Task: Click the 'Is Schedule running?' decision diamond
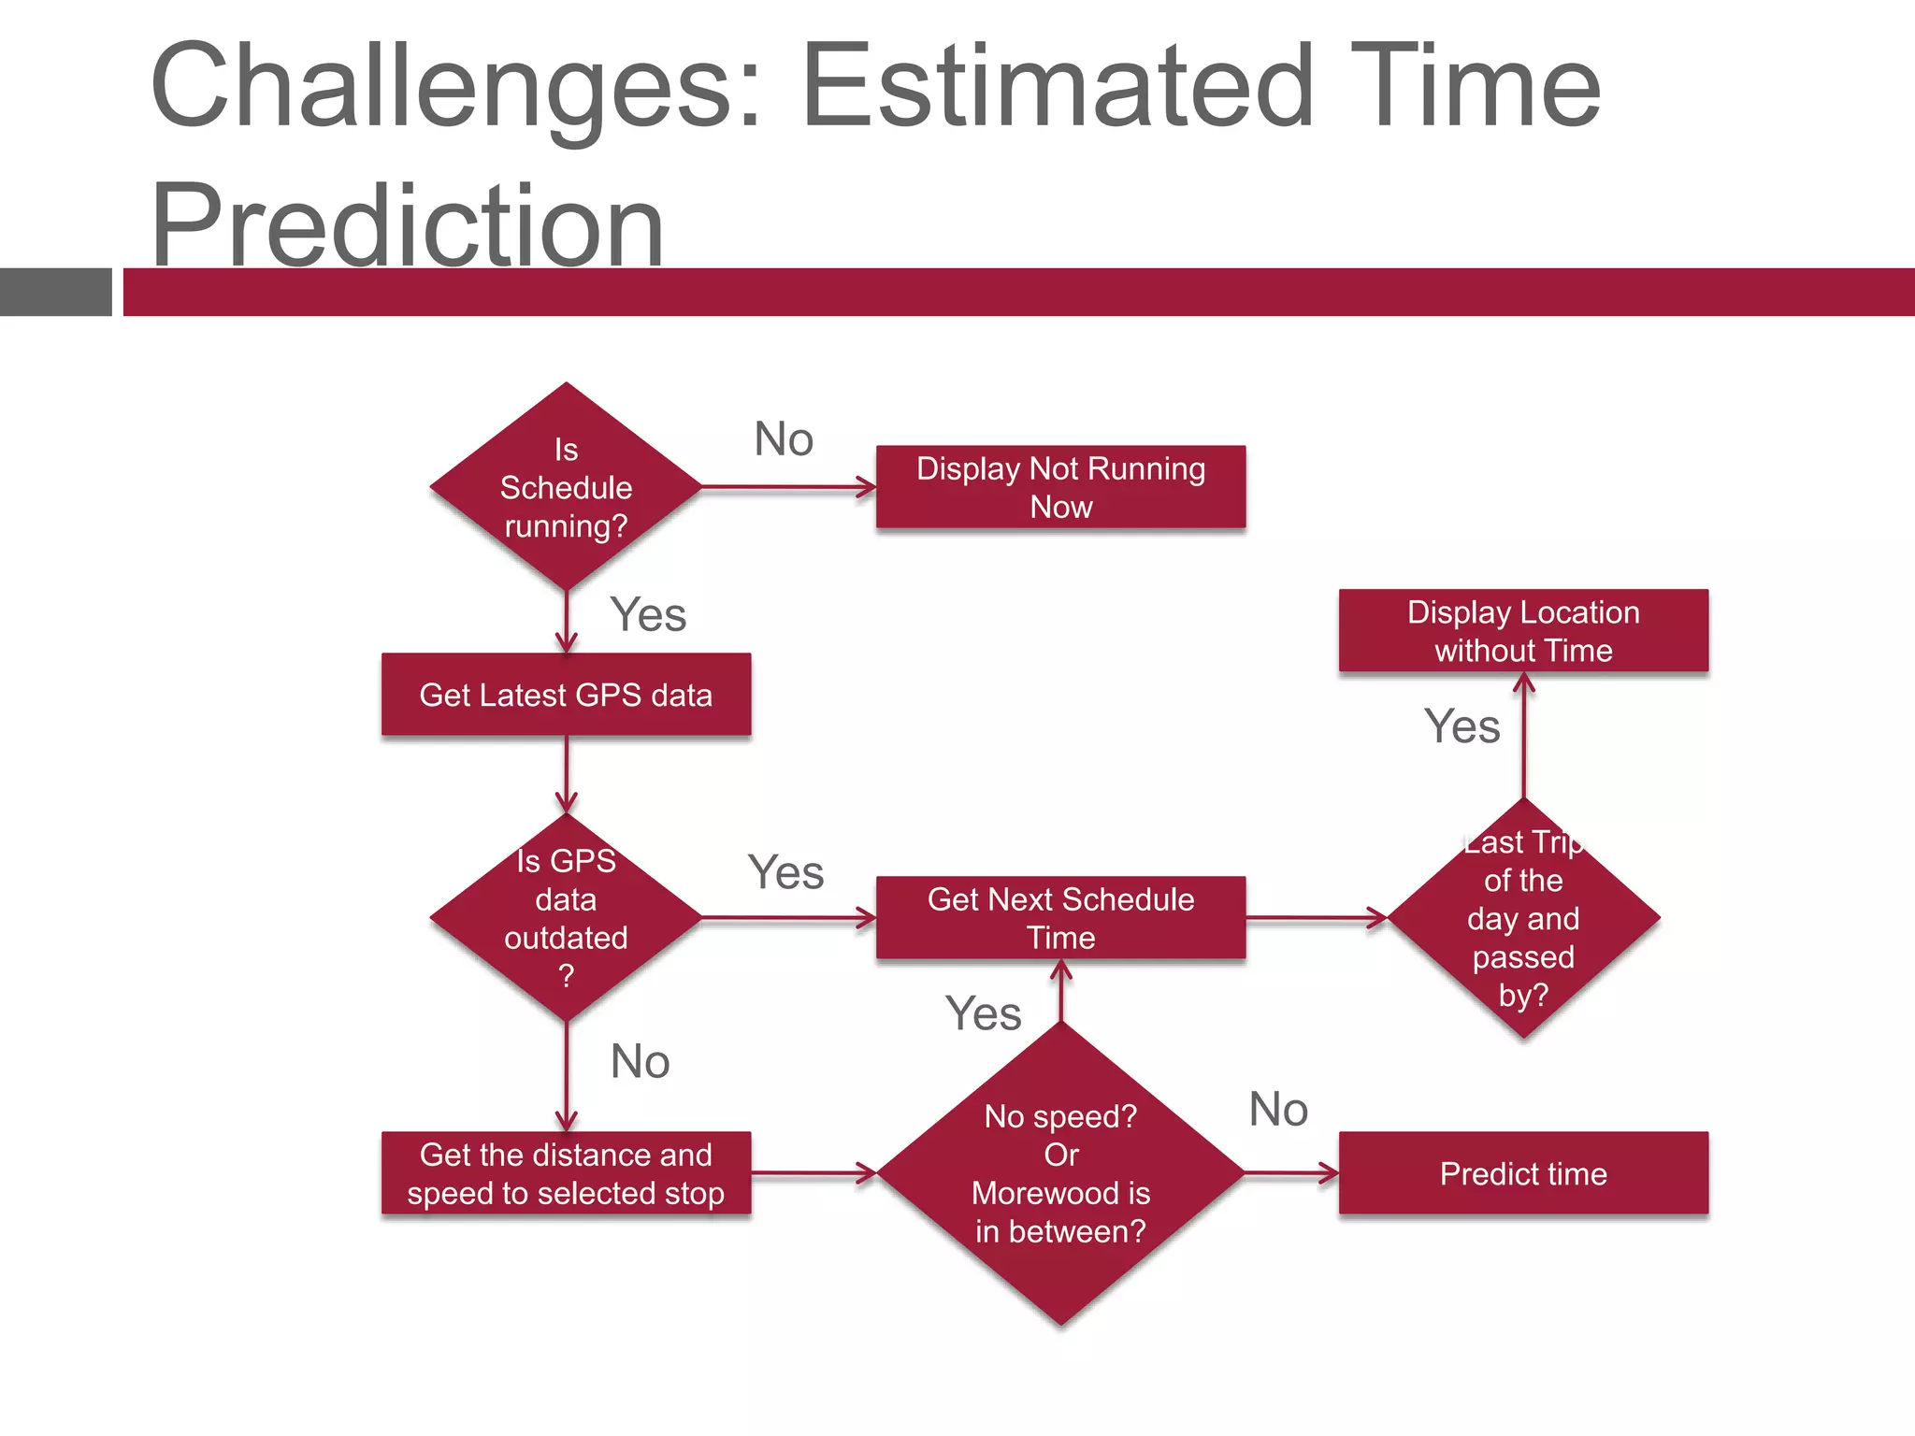566,487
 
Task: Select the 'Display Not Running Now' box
1060,487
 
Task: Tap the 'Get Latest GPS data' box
566,695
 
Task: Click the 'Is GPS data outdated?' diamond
566,917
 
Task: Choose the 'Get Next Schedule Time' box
1060,917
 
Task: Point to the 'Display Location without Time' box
1523,631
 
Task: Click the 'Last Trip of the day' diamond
1523,917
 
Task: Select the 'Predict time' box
1523,1173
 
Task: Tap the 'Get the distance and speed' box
566,1173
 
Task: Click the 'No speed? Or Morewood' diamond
1060,1173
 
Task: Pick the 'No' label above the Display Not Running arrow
784,438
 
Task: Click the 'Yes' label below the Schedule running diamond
648,614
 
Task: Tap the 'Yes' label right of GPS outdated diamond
785,871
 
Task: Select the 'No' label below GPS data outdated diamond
640,1061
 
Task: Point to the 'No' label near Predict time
1278,1109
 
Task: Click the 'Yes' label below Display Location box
1461,725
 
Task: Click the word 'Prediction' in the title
408,225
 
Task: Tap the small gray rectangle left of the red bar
55,292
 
